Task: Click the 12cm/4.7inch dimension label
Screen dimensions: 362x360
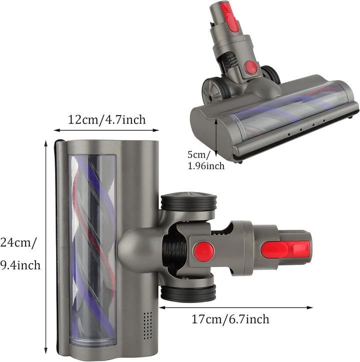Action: coord(106,119)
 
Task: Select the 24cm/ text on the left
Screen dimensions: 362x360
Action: coord(18,243)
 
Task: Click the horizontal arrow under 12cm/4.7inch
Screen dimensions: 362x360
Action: coord(106,131)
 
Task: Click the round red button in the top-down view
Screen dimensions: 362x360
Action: coord(203,251)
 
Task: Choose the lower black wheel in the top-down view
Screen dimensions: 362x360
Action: coord(188,293)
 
